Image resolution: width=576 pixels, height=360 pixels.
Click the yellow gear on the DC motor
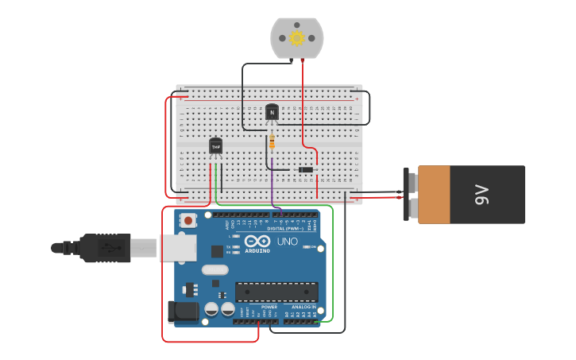[x=297, y=38]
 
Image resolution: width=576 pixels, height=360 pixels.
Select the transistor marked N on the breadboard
[x=272, y=112]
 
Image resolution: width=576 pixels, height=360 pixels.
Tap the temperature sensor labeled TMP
[x=215, y=146]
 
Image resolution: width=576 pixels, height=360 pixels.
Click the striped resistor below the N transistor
[x=273, y=141]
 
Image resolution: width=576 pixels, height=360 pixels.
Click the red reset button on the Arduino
[x=187, y=220]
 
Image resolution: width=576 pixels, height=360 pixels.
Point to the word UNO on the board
[x=287, y=242]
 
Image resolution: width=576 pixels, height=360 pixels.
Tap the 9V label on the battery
[x=482, y=195]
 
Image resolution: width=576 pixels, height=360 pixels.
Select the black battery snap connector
[x=411, y=194]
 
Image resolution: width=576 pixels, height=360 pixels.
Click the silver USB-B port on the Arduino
[x=177, y=248]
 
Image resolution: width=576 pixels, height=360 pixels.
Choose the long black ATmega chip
[x=276, y=291]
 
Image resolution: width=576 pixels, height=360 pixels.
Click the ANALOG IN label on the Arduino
[x=303, y=307]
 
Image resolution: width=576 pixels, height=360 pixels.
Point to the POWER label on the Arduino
[x=269, y=307]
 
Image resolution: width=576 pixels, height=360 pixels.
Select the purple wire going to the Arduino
[x=272, y=188]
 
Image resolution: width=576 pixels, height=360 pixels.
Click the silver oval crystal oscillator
[x=215, y=269]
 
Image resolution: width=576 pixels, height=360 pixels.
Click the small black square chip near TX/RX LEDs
[x=217, y=251]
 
